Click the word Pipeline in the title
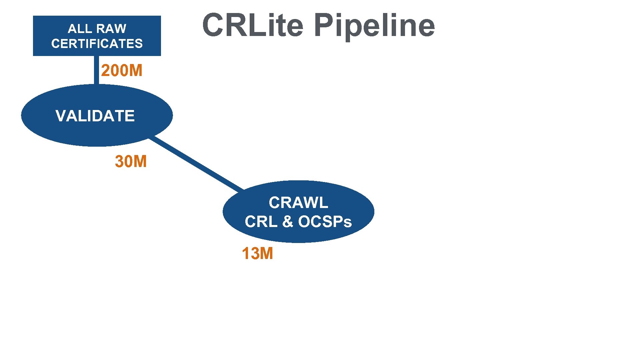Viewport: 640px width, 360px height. (374, 26)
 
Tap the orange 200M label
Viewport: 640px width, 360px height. (122, 71)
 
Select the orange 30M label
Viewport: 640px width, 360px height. (131, 162)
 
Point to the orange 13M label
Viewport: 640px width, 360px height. (257, 254)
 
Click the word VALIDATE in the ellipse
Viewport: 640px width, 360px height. (95, 116)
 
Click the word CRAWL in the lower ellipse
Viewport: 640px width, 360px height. (298, 203)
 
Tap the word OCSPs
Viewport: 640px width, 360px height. (325, 222)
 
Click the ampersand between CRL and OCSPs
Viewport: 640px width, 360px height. (287, 222)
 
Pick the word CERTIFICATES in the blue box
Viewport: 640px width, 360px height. (97, 44)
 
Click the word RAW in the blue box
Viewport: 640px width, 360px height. (112, 29)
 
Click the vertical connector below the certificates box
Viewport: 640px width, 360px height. (96, 70)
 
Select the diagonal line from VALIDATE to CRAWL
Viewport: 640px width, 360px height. (197, 164)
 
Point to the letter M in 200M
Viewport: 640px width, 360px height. (136, 71)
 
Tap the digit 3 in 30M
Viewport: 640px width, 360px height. (119, 162)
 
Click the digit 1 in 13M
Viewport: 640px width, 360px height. (245, 254)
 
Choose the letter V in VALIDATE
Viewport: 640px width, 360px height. (61, 116)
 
